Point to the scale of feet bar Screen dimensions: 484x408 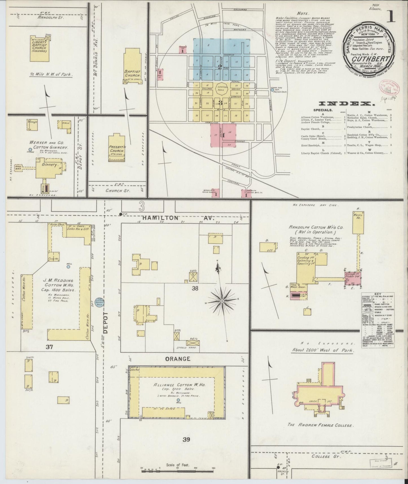pos(177,470)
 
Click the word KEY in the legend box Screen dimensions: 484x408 pos(378,294)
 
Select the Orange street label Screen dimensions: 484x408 pos(182,359)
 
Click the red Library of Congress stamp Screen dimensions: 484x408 pos(387,88)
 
